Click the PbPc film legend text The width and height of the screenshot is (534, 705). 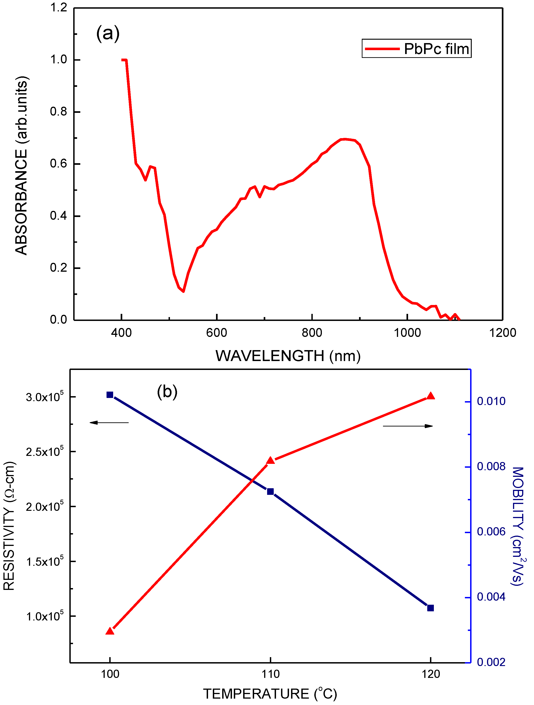(436, 49)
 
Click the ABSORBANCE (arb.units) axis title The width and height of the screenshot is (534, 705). (21, 166)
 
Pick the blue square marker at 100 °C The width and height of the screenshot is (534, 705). (110, 395)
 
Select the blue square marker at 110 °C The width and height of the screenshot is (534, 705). (270, 491)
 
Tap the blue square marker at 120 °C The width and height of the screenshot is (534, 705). (430, 608)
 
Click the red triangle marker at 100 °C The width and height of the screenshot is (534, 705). (110, 631)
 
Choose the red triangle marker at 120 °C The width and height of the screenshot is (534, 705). (431, 396)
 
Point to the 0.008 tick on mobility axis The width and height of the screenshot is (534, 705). (491, 467)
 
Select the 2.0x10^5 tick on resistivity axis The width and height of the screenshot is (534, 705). (45, 506)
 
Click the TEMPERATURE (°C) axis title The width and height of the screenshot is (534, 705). (270, 694)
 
